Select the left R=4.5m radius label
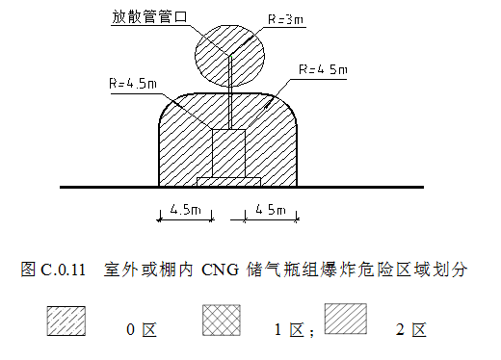click(x=131, y=85)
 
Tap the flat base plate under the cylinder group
click(x=228, y=181)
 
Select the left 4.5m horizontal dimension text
click(x=184, y=209)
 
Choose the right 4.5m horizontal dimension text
click(x=271, y=209)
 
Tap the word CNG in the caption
click(x=221, y=269)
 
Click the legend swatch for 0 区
click(x=66, y=321)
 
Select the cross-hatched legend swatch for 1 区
click(x=221, y=321)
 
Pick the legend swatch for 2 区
click(x=346, y=319)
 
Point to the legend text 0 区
click(x=142, y=331)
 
